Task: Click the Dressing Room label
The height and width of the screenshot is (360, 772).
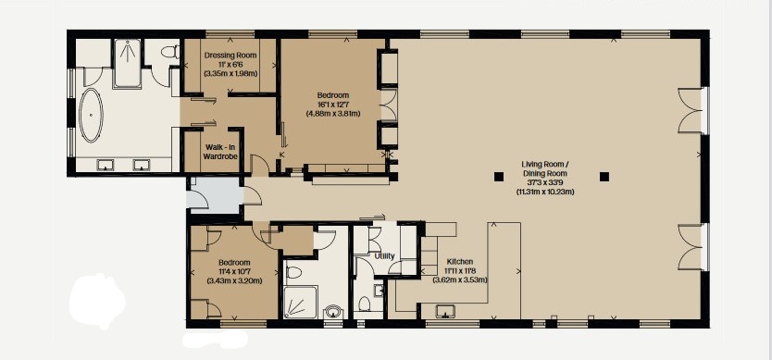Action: (x=228, y=55)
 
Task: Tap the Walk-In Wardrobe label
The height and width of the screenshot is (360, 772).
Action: (x=221, y=151)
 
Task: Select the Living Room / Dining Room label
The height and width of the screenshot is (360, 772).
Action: (x=545, y=169)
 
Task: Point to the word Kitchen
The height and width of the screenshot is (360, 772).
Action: (x=460, y=262)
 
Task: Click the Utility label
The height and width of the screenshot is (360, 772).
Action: (x=384, y=256)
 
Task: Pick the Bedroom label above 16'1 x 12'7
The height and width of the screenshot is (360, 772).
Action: (x=333, y=95)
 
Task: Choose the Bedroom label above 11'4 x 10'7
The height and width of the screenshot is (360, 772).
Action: (x=234, y=263)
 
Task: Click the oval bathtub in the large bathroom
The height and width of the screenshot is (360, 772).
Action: (x=91, y=116)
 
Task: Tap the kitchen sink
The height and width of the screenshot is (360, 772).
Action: (x=445, y=312)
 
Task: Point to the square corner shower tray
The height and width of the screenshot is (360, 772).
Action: (x=300, y=303)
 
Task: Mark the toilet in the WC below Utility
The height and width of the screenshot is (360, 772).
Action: (x=365, y=304)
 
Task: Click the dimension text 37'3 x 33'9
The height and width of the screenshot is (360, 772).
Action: (x=545, y=183)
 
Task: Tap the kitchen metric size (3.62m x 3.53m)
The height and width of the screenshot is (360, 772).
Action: (x=460, y=280)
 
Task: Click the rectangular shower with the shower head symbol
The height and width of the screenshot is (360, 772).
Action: (x=127, y=63)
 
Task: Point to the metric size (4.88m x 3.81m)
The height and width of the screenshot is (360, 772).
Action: (x=333, y=114)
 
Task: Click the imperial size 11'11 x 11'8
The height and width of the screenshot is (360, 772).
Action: (x=460, y=271)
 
